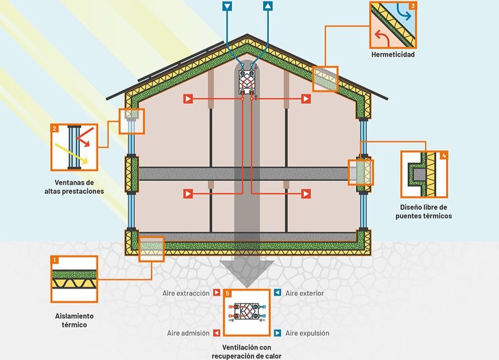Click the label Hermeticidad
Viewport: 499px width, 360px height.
(x=393, y=55)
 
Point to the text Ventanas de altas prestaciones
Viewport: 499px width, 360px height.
(x=74, y=187)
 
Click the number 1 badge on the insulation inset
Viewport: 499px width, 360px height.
(x=55, y=260)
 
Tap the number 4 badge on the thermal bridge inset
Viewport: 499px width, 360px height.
(x=444, y=155)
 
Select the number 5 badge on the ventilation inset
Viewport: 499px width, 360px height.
(x=227, y=293)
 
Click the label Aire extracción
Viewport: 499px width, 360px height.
(x=186, y=293)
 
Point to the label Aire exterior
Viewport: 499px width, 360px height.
(x=304, y=293)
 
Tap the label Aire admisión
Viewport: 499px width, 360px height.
(x=188, y=333)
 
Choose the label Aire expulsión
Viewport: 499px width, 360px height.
(x=307, y=333)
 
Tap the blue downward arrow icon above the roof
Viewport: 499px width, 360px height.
(x=227, y=7)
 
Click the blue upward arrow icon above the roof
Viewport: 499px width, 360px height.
(x=268, y=7)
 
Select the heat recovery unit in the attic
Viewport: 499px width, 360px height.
(x=246, y=81)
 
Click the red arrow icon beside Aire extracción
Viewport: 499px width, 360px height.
(x=217, y=293)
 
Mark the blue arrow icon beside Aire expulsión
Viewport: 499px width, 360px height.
(x=277, y=333)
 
